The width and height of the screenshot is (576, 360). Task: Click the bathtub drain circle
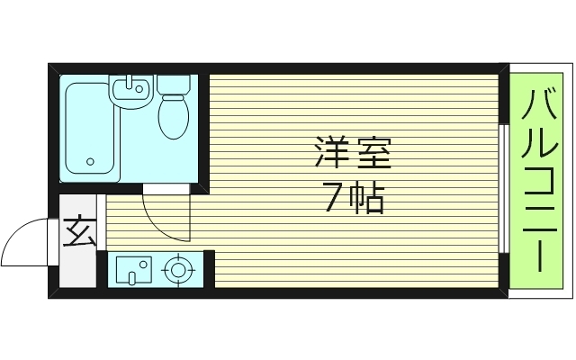(90, 162)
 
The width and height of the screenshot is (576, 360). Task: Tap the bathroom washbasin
(131, 90)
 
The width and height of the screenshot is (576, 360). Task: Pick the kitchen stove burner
(179, 269)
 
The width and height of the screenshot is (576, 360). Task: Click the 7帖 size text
(353, 198)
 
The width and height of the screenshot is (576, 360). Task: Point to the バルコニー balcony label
(538, 180)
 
